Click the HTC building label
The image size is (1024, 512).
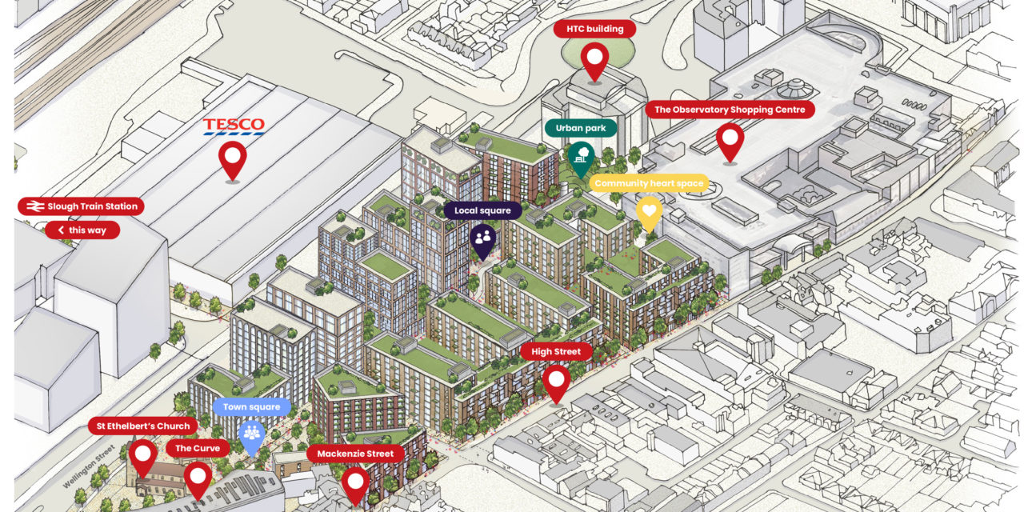(x=594, y=30)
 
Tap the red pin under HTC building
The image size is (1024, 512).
(x=594, y=60)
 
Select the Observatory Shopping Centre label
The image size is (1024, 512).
(x=730, y=110)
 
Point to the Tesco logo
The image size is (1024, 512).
(x=233, y=126)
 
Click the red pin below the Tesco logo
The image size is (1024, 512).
(x=233, y=159)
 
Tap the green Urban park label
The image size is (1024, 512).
(x=581, y=128)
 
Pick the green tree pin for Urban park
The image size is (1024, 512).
(x=581, y=157)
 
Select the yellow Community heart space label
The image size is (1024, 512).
(x=649, y=183)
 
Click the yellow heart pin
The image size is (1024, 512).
(x=649, y=212)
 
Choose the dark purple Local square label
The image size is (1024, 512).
(x=482, y=210)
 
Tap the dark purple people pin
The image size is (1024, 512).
(x=482, y=238)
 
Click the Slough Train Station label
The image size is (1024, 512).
(x=81, y=206)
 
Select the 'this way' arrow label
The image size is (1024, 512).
(x=82, y=230)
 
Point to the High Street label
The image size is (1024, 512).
(x=556, y=351)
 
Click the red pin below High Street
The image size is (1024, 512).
(x=556, y=382)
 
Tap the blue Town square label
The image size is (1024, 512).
(x=251, y=407)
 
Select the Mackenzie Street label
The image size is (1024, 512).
(x=354, y=454)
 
